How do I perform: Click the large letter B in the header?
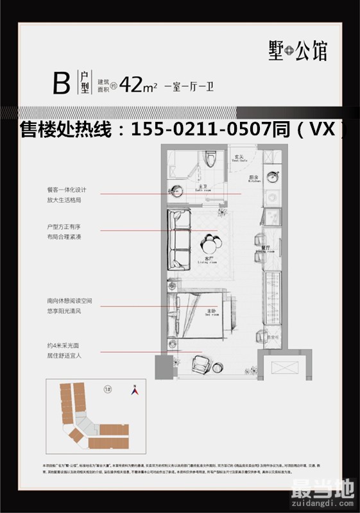tap(61, 84)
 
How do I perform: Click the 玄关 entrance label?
tap(236, 156)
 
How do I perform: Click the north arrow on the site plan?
tap(135, 389)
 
